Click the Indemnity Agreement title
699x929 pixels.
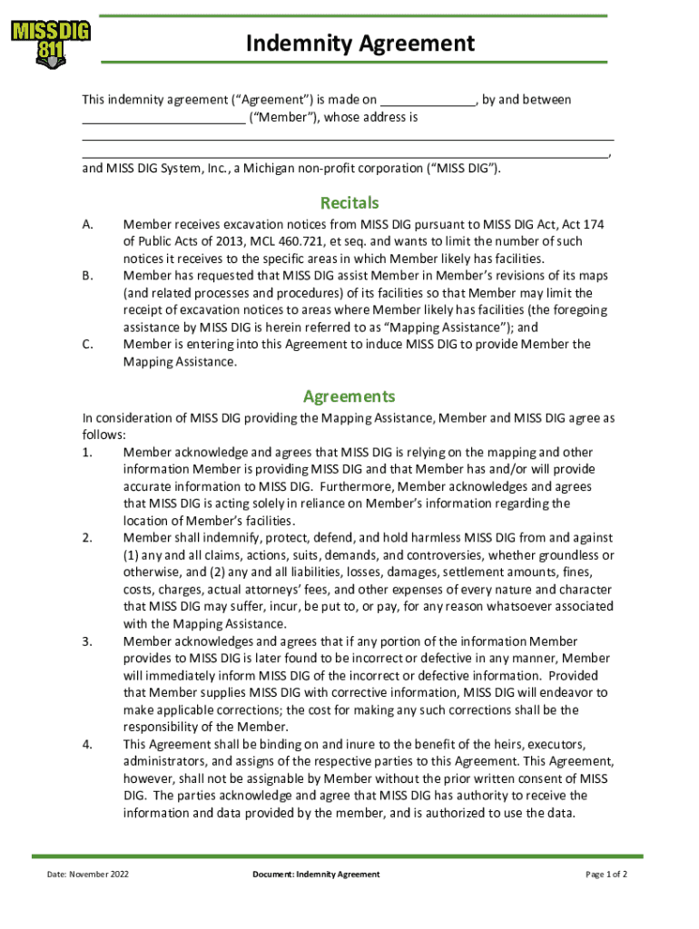pos(360,43)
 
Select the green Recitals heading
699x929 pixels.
pos(349,203)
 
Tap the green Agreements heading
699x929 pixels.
pos(349,396)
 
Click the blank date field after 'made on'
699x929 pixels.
pos(428,100)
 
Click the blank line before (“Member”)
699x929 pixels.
pos(163,117)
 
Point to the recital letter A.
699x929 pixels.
pos(87,224)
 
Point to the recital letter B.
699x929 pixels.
pos(87,276)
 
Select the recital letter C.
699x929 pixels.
pos(87,345)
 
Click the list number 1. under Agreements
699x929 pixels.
pos(87,453)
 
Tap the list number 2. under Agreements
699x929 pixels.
pos(87,538)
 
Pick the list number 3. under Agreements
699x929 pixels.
pos(87,641)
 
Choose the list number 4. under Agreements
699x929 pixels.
pos(87,744)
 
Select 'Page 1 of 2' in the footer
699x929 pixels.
pos(606,875)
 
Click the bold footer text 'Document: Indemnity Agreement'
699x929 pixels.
pos(317,875)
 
